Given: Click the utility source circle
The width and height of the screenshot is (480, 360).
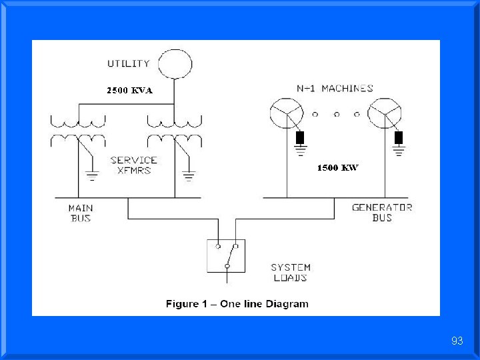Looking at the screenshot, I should click(175, 64).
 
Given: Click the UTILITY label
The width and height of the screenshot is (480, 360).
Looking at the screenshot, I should click(129, 64).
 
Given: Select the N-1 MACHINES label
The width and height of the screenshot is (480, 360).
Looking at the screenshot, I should click(335, 88).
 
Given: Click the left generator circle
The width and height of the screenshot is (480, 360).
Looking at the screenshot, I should click(287, 113).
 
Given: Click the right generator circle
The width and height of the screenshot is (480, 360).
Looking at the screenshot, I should click(385, 113).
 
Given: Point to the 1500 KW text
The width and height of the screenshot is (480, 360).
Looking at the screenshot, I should click(337, 168).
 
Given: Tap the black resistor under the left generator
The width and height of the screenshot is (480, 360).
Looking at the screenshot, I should click(300, 137).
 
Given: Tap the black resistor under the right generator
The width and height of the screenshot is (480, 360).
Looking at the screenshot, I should click(399, 137).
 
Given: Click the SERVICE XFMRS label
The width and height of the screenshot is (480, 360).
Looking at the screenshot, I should click(134, 165).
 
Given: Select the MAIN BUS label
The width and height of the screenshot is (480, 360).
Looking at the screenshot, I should click(81, 213).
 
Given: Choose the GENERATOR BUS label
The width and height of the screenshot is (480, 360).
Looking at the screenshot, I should click(382, 212).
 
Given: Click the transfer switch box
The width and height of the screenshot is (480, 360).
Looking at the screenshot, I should click(226, 255).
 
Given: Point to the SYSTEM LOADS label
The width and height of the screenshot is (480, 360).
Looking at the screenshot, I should click(290, 272).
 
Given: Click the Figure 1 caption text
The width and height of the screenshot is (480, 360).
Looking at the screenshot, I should click(237, 304).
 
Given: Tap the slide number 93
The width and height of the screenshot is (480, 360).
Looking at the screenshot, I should click(457, 341).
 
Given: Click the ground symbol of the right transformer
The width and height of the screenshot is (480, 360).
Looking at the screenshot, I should click(189, 177).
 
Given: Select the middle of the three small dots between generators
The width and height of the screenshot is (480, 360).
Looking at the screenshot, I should click(337, 114).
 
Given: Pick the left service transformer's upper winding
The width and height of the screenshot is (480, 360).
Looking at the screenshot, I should click(78, 121).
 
